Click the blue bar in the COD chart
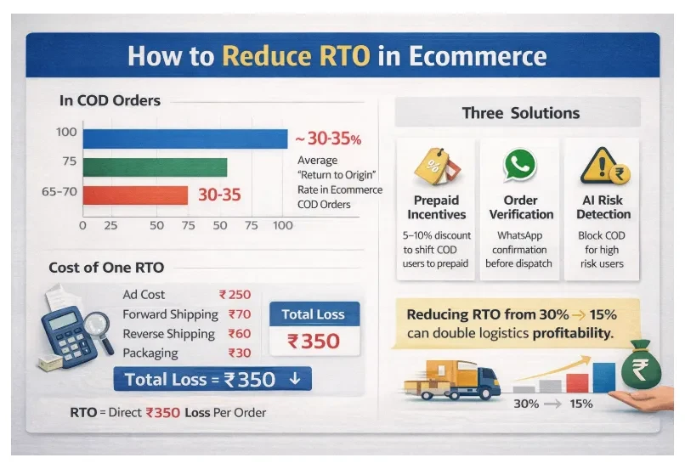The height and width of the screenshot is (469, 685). point(185,138)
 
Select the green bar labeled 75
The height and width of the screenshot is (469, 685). point(155,167)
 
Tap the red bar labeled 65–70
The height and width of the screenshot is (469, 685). point(135,195)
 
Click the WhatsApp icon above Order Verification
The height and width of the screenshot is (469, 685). point(520,165)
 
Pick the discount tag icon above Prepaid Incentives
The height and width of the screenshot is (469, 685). point(437,167)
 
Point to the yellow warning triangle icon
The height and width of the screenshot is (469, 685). point(601,165)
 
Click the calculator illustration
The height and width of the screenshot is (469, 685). point(68,336)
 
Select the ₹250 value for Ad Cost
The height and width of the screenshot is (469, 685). point(235,295)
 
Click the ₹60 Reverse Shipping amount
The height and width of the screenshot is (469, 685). point(240,334)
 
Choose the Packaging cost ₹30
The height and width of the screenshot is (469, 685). point(240,353)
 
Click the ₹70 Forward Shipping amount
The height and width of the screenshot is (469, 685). point(240,314)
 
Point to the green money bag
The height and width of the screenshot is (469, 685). point(641,365)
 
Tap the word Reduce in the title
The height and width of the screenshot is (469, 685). point(296,56)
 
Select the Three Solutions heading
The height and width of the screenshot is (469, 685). point(521,113)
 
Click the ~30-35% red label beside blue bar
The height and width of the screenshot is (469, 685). point(329,138)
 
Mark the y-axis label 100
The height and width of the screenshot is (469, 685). point(66,132)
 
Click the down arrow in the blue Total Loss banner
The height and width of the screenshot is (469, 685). point(295,378)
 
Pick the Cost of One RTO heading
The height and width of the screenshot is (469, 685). point(106,268)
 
